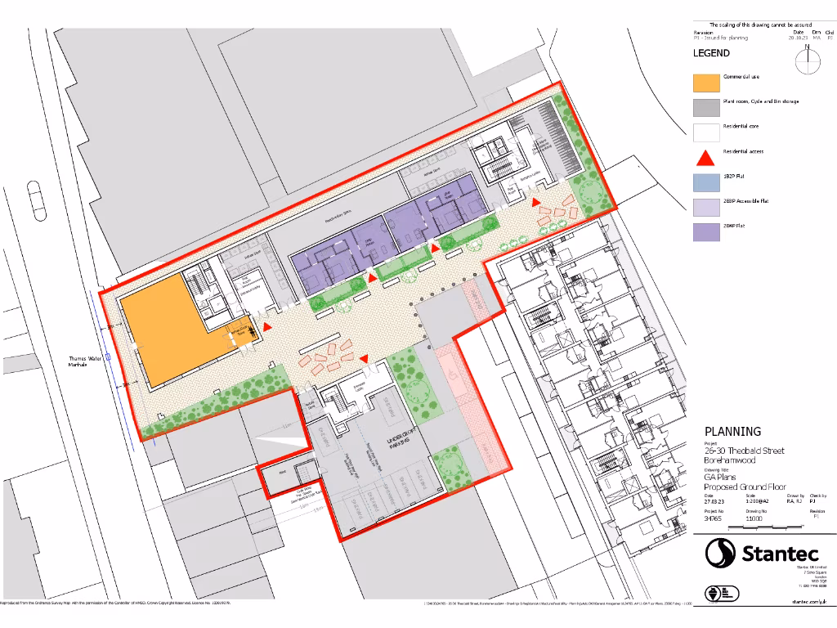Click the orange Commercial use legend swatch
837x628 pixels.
(x=705, y=82)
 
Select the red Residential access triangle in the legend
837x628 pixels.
(x=705, y=157)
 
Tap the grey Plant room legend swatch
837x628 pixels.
(x=705, y=107)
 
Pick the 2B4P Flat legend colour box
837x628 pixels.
(x=705, y=231)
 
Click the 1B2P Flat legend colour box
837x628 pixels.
(x=705, y=182)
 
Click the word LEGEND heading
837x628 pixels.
(x=711, y=53)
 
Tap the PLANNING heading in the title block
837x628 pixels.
(x=732, y=431)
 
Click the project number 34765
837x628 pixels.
(x=713, y=518)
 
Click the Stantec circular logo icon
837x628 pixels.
(x=721, y=553)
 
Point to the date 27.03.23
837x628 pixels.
(x=714, y=502)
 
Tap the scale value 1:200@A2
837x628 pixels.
(x=757, y=502)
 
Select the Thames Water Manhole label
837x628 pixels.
(x=84, y=361)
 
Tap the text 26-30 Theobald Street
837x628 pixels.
(x=744, y=451)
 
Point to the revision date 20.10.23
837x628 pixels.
(x=797, y=38)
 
